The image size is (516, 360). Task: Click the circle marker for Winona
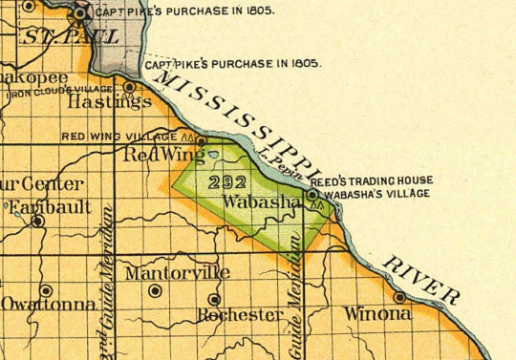[x=399, y=297]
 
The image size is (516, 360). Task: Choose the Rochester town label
[x=240, y=314]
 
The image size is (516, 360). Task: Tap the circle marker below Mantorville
[x=156, y=290]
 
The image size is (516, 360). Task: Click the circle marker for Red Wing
[x=201, y=140]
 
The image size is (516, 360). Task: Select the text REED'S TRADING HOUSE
[x=372, y=180]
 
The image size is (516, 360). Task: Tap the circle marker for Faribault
[x=37, y=221]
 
